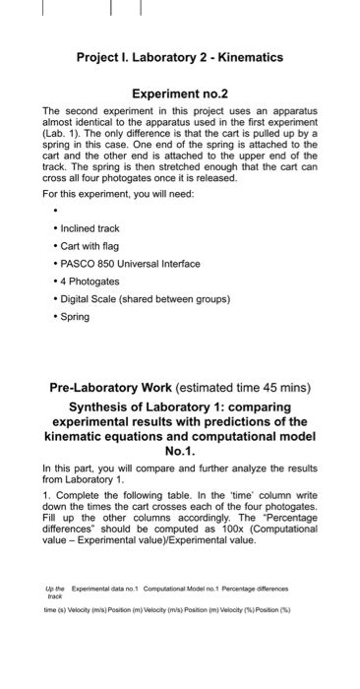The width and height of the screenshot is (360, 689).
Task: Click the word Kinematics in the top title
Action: (x=248, y=58)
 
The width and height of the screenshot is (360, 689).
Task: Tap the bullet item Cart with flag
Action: (x=94, y=246)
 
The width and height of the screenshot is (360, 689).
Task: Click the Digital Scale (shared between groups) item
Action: (x=146, y=299)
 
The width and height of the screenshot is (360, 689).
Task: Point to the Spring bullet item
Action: (x=75, y=317)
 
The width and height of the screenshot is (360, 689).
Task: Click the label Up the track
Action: (x=54, y=592)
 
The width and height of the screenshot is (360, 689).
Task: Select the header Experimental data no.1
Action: (x=109, y=588)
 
